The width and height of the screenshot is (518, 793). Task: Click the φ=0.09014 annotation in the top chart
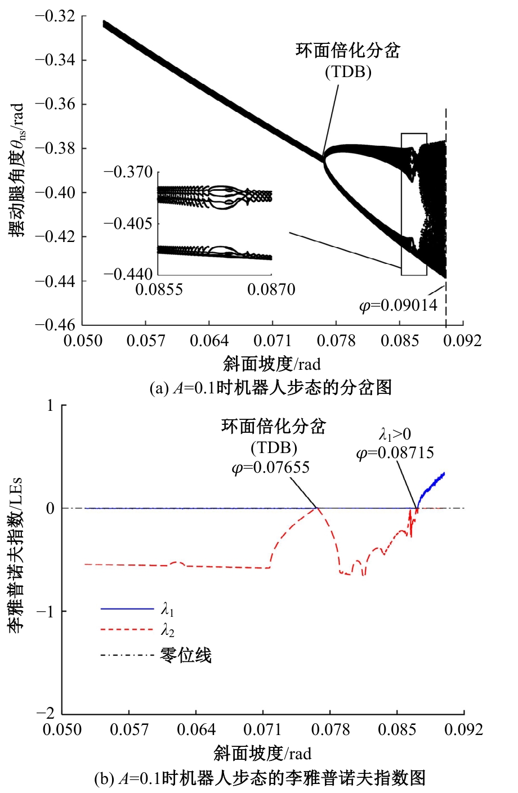point(399,306)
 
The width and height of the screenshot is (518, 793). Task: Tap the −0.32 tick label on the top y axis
point(55,16)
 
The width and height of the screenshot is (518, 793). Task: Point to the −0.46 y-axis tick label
point(55,325)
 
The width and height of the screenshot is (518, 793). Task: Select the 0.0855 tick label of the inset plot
point(159,289)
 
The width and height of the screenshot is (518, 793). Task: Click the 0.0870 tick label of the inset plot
point(271,289)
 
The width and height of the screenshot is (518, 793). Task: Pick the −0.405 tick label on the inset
point(128,223)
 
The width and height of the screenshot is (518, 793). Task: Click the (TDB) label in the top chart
point(348,72)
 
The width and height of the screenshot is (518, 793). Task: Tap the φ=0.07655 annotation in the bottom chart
point(271,468)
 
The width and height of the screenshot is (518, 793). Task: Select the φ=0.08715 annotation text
point(395,453)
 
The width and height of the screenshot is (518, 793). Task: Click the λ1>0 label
point(395,434)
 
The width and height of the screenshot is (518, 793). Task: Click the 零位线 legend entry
point(186,655)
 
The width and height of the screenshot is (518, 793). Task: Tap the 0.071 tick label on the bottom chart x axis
point(262,730)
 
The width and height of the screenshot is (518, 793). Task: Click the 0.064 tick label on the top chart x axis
point(209,341)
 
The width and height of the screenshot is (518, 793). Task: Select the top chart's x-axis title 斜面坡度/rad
point(272,364)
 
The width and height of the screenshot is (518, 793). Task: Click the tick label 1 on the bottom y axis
point(50,406)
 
